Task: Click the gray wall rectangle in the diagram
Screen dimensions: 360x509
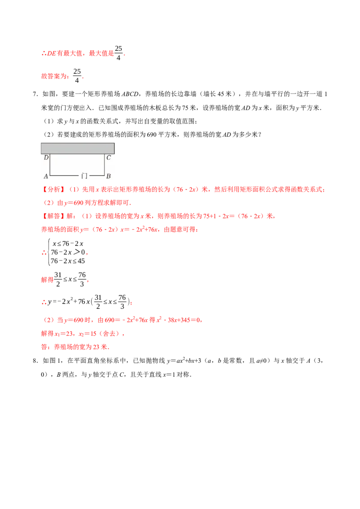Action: [78, 148]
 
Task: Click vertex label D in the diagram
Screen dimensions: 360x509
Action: [46, 157]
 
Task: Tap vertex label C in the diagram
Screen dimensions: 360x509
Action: [108, 157]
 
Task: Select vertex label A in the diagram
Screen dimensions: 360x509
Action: [46, 176]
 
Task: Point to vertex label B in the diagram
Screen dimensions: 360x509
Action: [108, 176]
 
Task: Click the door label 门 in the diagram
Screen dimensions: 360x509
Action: [84, 176]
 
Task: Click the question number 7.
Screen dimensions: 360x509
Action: [35, 94]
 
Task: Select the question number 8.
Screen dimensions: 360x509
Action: [35, 361]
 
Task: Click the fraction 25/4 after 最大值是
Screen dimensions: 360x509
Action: [119, 53]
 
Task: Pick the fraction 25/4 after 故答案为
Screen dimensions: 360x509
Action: [77, 76]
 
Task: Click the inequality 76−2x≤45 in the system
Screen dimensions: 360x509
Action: [67, 261]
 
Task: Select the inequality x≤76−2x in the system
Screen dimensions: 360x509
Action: [68, 243]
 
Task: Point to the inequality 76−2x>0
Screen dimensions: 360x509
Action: [67, 252]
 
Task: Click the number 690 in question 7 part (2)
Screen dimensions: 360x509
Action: [151, 134]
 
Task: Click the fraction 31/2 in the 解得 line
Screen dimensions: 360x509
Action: [58, 279]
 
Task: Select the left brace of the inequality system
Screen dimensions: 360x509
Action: [49, 252]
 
